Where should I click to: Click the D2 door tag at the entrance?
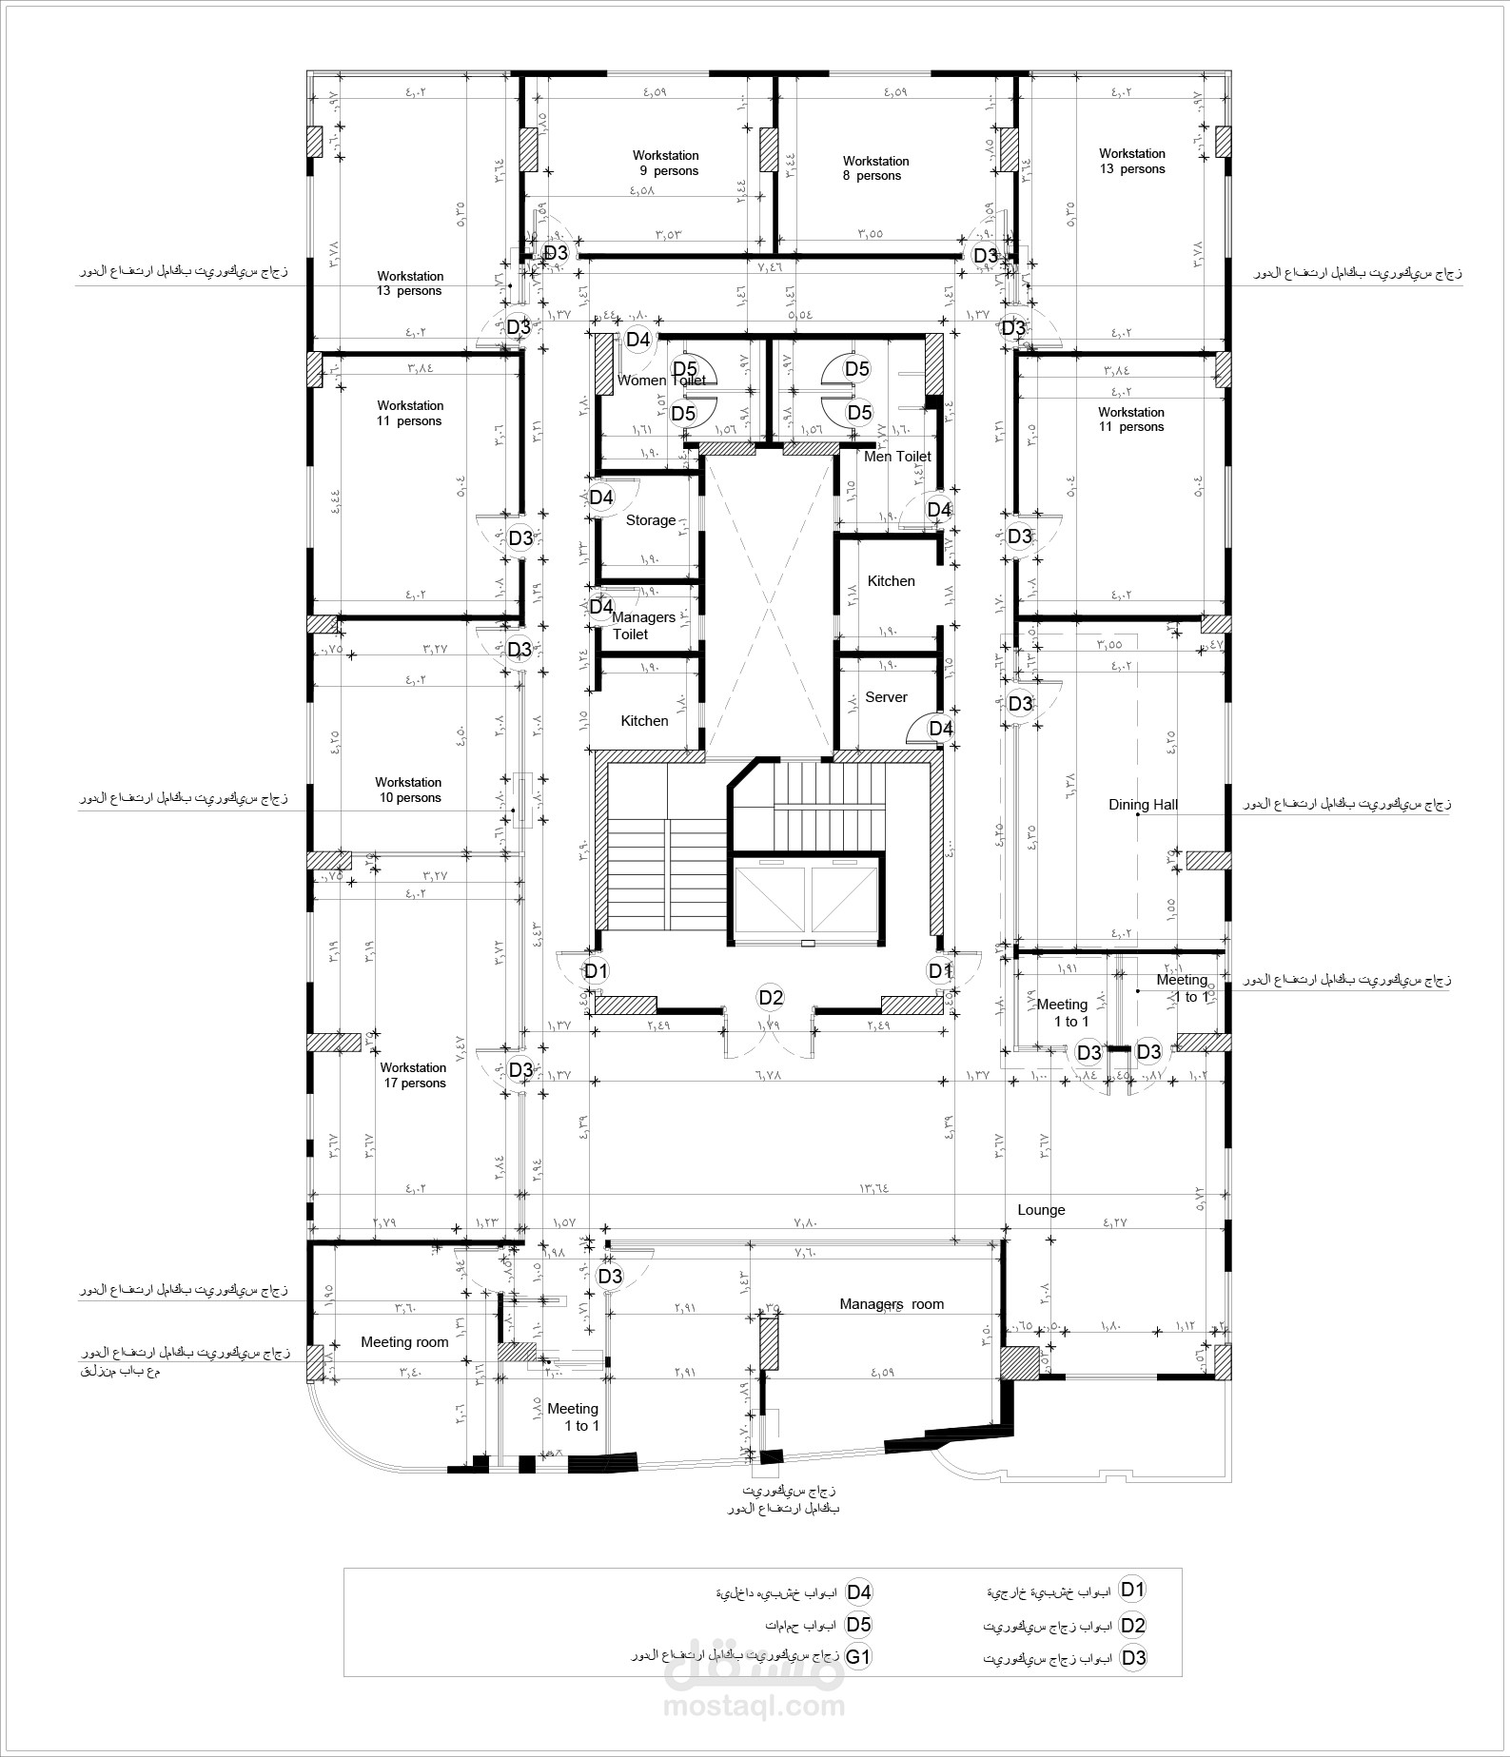(x=771, y=998)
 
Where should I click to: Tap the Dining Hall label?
(x=1143, y=805)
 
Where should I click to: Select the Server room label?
(x=886, y=697)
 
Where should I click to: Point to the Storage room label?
(x=651, y=520)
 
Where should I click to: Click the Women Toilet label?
(x=661, y=381)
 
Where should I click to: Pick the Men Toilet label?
(x=897, y=457)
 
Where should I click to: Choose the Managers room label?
(x=892, y=1304)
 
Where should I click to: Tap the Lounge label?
(x=1041, y=1210)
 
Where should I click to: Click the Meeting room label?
(x=404, y=1342)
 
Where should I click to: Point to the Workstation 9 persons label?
(x=666, y=163)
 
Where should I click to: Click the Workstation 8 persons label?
(x=875, y=168)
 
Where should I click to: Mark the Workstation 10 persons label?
(x=408, y=791)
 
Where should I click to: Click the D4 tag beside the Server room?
(x=941, y=729)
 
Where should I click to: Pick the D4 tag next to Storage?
(x=601, y=497)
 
